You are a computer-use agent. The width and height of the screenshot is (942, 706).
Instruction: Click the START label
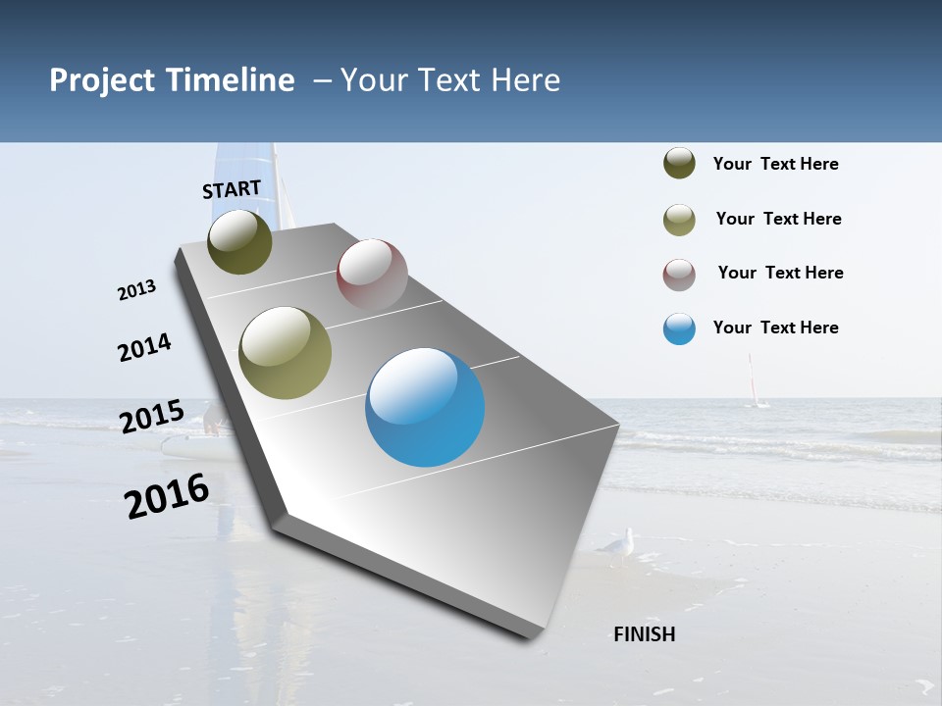232,189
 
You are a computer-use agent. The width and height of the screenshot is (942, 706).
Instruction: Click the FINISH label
644,634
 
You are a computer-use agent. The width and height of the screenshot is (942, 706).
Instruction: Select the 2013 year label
136,290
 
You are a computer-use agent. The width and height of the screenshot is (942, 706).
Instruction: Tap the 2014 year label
144,347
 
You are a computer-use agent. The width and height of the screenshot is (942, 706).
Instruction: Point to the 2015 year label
151,416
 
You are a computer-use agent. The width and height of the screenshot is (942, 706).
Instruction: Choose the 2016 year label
167,495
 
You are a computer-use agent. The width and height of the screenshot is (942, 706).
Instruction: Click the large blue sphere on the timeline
425,407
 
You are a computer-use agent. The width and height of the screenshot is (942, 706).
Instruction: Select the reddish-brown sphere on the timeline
372,275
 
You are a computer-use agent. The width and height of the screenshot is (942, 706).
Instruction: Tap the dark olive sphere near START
239,241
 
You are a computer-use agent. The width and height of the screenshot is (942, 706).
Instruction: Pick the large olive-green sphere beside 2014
285,353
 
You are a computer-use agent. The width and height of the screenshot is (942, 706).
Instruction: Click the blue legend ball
679,328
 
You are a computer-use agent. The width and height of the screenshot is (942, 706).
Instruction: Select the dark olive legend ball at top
679,164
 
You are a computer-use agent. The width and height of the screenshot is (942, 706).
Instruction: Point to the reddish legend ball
679,275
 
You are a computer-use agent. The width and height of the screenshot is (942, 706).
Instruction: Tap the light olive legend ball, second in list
679,220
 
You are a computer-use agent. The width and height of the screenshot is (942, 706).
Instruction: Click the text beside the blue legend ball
775,328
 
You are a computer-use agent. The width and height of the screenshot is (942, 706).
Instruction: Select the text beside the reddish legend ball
780,273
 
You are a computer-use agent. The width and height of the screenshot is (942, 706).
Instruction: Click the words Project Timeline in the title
172,80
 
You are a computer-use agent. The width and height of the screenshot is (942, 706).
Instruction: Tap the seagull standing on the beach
618,545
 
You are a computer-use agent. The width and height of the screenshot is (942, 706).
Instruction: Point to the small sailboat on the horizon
754,383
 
